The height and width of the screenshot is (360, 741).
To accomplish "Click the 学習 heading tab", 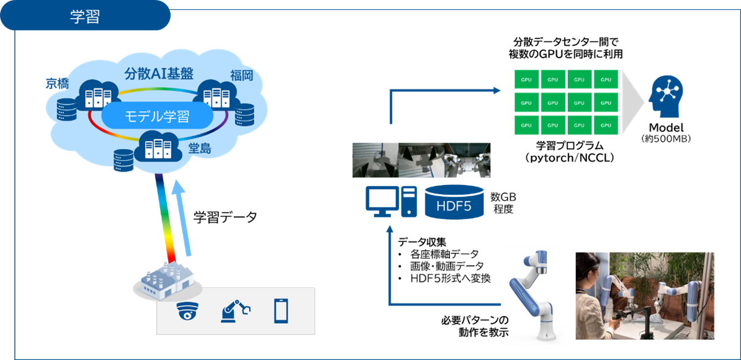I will [85, 17].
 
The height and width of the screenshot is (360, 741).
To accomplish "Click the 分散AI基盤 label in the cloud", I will [159, 74].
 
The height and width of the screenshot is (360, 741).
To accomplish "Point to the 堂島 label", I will [199, 148].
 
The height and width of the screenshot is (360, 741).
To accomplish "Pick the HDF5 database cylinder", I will [454, 203].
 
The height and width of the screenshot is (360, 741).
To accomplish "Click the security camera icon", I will [186, 310].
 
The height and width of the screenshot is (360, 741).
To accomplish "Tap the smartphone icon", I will [281, 310].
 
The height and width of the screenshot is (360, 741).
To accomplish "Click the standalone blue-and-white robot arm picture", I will [532, 295].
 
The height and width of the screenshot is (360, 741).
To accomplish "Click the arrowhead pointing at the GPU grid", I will [497, 91].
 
